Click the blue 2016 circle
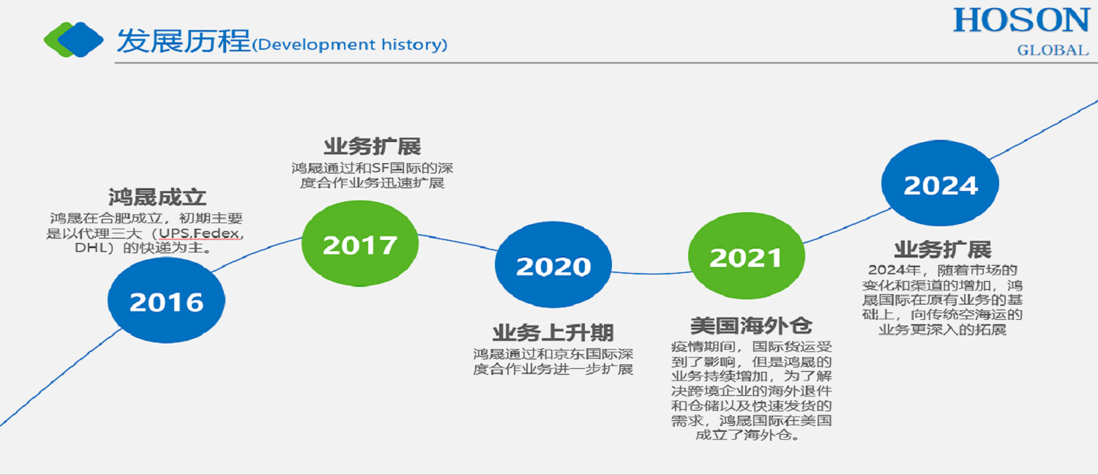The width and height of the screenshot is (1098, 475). pos(166,300)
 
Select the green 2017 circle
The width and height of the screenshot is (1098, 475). pos(360,243)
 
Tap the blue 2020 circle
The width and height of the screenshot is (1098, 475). pos(553,265)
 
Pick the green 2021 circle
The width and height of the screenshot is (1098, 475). pos(747,255)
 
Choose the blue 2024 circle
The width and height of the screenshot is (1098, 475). pos(940,183)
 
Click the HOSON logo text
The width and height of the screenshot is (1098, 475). pos(1022,20)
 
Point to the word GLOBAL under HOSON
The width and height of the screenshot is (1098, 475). pos(1053,50)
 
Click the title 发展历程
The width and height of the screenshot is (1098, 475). pos(183,41)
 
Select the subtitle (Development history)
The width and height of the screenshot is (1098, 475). pos(349,45)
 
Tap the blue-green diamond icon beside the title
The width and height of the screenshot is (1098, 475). pos(73,40)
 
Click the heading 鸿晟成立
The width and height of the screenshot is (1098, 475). pos(157,197)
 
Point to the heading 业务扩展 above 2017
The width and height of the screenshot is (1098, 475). pos(372,146)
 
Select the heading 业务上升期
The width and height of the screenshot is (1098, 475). pos(553,333)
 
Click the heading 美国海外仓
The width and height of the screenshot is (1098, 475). pos(751,326)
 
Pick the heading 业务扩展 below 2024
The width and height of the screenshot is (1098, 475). pos(942,250)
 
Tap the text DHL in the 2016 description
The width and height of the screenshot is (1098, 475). pos(90,248)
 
